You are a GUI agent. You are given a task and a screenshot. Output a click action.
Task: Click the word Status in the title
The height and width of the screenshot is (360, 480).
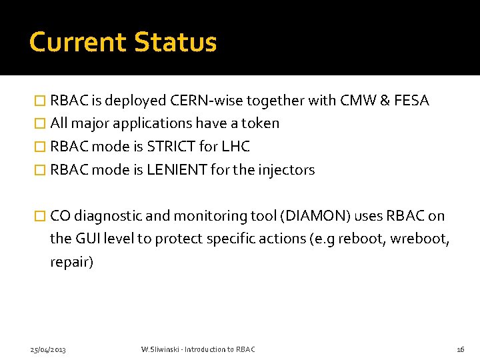click(x=175, y=42)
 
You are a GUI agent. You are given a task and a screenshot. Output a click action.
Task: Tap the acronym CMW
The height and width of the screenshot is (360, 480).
click(x=353, y=101)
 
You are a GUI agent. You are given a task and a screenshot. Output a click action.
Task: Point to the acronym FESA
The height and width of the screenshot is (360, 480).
click(x=411, y=101)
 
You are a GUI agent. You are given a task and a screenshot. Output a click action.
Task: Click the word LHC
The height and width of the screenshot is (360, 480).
click(x=237, y=147)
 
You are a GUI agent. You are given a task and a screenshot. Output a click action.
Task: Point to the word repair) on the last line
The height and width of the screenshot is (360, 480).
click(x=72, y=262)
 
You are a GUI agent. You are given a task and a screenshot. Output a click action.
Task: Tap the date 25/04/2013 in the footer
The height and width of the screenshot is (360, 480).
click(x=48, y=349)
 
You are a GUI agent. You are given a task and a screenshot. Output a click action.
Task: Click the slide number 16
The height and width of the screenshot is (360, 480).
click(x=460, y=349)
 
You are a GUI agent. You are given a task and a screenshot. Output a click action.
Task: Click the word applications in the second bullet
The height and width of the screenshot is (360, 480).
click(x=155, y=123)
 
